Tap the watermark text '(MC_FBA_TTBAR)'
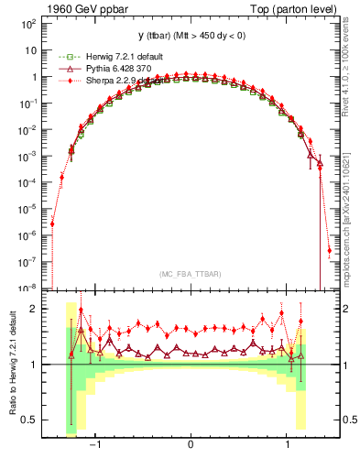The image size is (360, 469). click(x=190, y=274)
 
